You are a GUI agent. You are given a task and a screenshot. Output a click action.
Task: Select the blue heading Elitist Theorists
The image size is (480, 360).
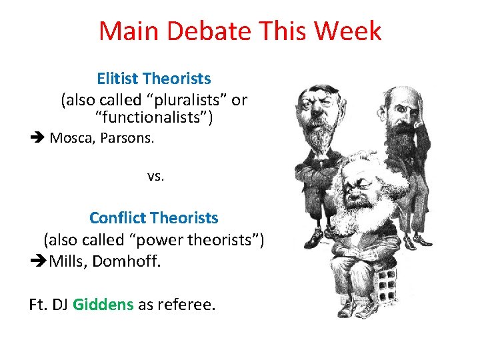point(154,79)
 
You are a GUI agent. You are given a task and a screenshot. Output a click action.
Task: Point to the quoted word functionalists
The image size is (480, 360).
point(154,119)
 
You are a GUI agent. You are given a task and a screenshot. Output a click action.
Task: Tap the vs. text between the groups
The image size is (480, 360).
point(155,177)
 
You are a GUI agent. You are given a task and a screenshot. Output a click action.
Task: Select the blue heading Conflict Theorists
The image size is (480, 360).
point(154,218)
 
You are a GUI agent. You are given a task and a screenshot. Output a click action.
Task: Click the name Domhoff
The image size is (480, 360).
point(127,261)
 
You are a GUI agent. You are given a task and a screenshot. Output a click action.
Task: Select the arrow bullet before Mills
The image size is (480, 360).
point(37,261)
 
